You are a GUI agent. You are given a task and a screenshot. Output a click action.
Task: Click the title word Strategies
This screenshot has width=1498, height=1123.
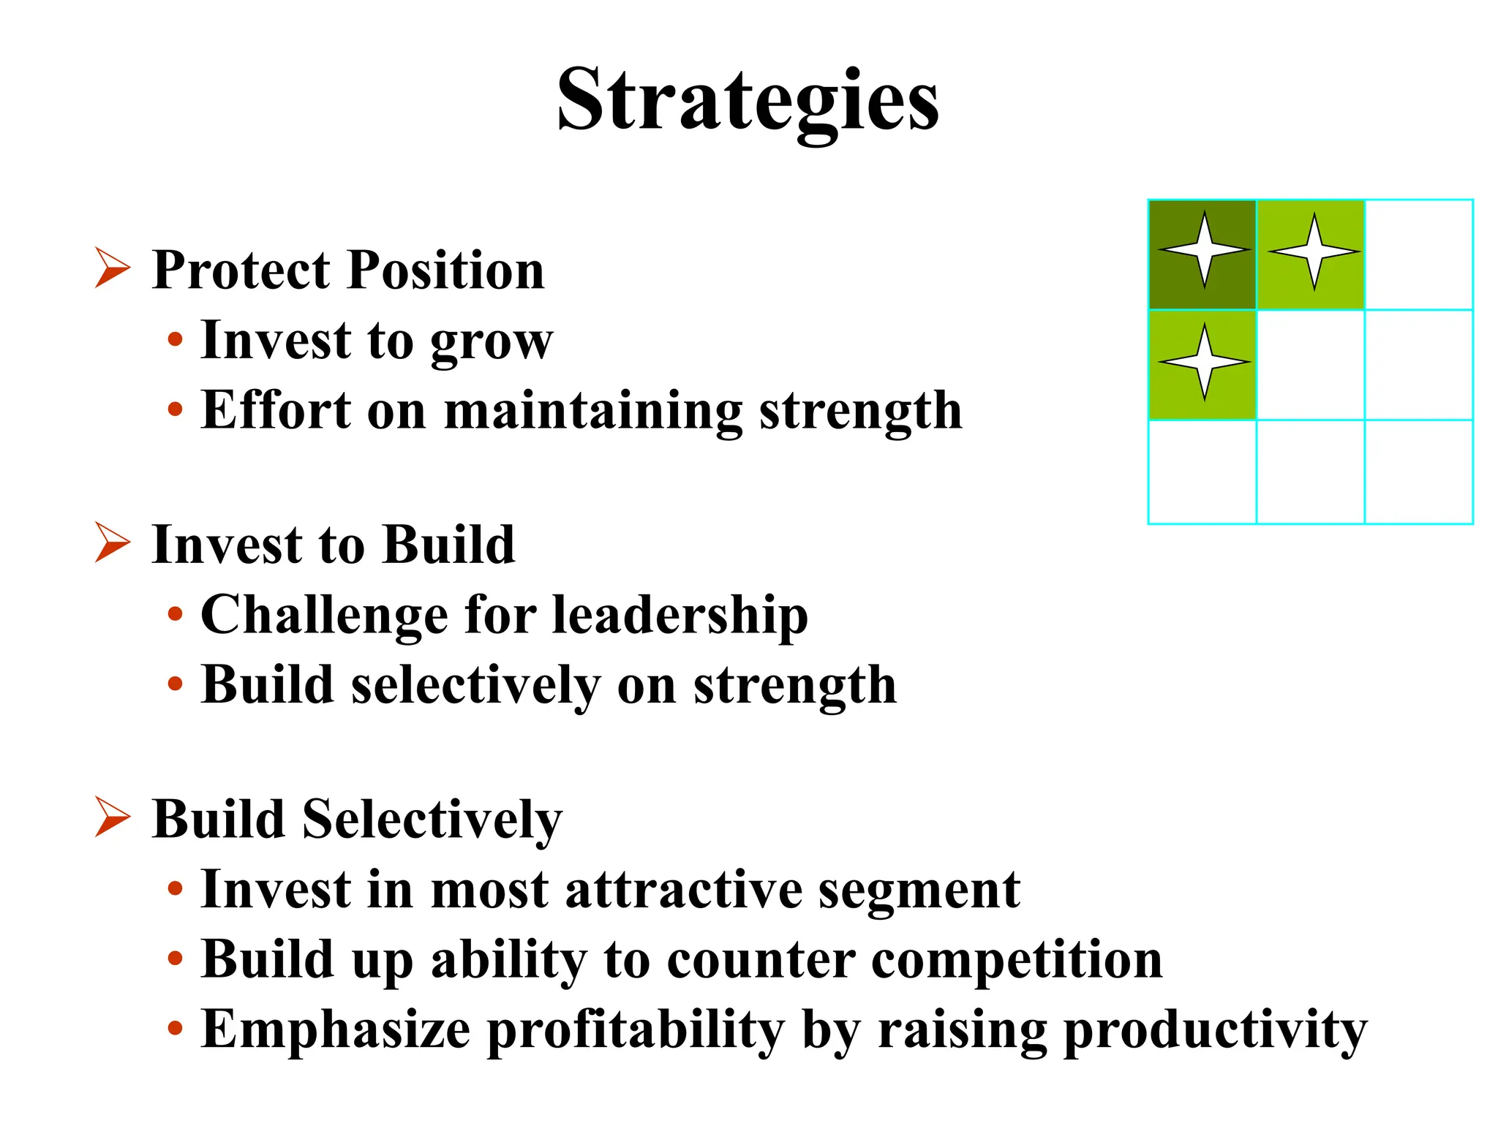click(x=748, y=100)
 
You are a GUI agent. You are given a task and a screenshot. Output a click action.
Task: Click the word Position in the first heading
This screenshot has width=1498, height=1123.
click(x=446, y=271)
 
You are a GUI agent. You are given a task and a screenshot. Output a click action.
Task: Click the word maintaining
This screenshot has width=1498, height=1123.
click(x=593, y=411)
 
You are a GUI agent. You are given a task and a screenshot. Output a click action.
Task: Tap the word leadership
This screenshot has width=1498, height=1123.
click(x=680, y=616)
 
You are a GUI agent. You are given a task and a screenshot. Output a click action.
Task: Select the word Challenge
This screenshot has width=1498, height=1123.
click(x=324, y=616)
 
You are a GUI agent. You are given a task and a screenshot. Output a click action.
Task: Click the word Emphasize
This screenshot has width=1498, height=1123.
click(x=336, y=1030)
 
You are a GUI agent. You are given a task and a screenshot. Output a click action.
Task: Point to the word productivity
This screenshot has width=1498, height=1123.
click(x=1215, y=1030)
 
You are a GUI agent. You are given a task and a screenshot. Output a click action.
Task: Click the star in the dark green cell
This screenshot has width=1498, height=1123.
click(x=1204, y=250)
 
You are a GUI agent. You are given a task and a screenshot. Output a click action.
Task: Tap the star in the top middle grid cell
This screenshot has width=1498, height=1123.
click(x=1314, y=252)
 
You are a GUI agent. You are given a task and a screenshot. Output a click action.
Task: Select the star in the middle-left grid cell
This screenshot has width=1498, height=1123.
click(x=1204, y=362)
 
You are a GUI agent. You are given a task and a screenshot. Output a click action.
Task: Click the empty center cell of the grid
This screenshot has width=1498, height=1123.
click(x=1311, y=365)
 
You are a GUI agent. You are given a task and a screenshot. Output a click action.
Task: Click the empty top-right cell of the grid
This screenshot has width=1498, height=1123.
click(x=1419, y=254)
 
